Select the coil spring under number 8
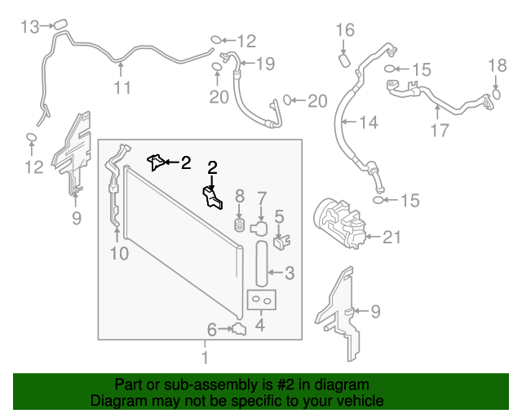(x=240, y=223)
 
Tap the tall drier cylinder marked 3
(x=261, y=263)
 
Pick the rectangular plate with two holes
(x=261, y=301)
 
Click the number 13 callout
(x=29, y=28)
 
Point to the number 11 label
(x=122, y=88)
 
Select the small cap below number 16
(x=344, y=58)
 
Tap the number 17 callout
(x=440, y=129)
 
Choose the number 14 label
(x=368, y=123)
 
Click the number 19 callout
(x=266, y=63)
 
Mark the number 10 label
(x=119, y=254)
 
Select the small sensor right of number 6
(x=239, y=329)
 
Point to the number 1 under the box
(x=205, y=358)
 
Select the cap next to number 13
(x=59, y=26)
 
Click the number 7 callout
(x=262, y=197)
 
